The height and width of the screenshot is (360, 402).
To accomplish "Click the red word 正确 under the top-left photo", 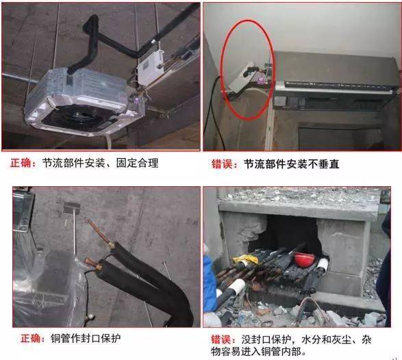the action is click(21, 163).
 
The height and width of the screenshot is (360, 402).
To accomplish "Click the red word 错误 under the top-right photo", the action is click(222, 164).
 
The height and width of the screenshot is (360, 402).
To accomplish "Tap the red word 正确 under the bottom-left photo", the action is click(31, 339).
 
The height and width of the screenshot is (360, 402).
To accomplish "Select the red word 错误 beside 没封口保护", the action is click(221, 340).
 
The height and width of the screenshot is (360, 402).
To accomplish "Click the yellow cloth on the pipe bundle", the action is click(245, 259).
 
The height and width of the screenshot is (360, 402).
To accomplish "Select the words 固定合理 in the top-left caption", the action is click(138, 163).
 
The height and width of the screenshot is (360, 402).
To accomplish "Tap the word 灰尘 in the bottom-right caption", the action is click(342, 340).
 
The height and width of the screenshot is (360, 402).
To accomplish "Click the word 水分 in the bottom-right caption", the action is click(312, 340).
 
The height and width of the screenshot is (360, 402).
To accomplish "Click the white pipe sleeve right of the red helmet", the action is click(323, 265).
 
